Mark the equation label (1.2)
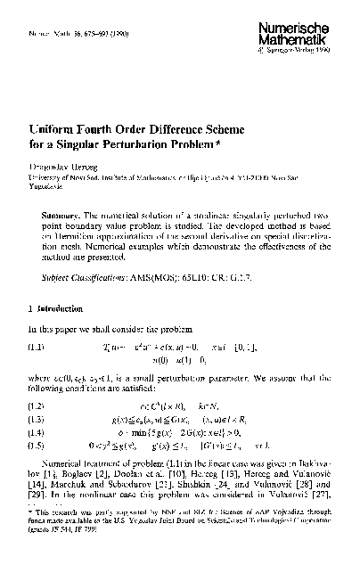coord(36,406)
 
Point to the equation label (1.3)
coord(36,419)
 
